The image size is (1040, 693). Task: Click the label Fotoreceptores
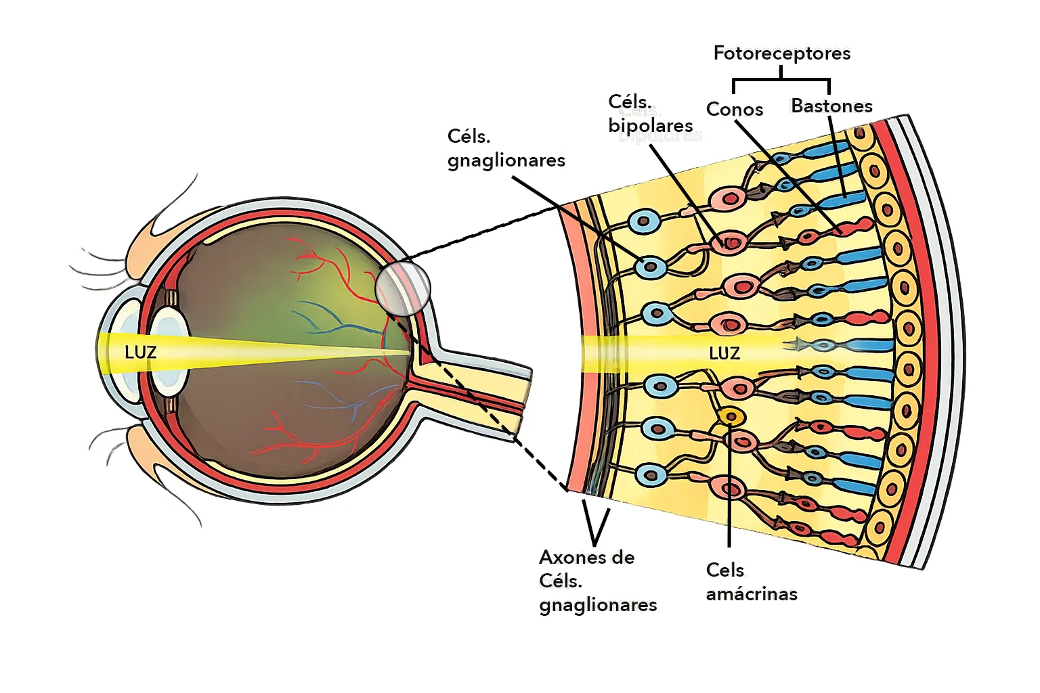tap(782, 53)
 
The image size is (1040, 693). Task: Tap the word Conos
tap(735, 110)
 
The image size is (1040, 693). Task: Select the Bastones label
tap(831, 106)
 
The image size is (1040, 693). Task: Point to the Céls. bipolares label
tap(650, 114)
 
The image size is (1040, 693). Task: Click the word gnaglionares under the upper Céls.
tap(506, 160)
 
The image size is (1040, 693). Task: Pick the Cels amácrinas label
tap(752, 582)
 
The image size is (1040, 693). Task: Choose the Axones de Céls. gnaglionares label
tap(598, 581)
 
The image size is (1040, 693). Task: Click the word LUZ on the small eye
tap(140, 353)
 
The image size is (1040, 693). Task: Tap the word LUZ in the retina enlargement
tap(724, 353)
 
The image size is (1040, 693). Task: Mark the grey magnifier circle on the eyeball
tap(403, 288)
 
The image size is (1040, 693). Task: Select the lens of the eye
tap(169, 351)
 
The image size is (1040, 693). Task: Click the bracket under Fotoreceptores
tap(781, 83)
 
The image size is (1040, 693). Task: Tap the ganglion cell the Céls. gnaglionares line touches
tap(651, 267)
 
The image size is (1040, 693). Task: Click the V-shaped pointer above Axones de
tap(595, 524)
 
